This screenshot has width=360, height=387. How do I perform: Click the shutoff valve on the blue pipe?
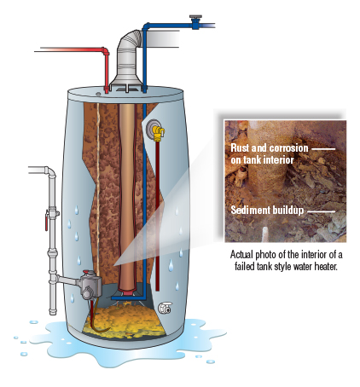pyautogui.click(x=195, y=21)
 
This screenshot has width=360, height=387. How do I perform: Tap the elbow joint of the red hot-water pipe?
pyautogui.click(x=106, y=51)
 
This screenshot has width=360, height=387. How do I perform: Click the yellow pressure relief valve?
pyautogui.click(x=158, y=133)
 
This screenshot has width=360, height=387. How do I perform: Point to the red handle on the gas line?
pyautogui.click(x=46, y=221)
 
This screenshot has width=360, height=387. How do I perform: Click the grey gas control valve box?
pyautogui.click(x=90, y=285)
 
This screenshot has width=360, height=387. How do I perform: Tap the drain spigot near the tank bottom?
pyautogui.click(x=165, y=308)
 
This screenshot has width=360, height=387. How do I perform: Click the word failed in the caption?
pyautogui.click(x=245, y=267)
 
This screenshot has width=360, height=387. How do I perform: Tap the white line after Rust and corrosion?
pyautogui.click(x=323, y=149)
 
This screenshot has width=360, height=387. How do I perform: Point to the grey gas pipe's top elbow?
pyautogui.click(x=50, y=171)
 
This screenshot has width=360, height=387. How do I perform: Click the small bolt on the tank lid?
pyautogui.click(x=98, y=94)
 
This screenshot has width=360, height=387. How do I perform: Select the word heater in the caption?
pyautogui.click(x=326, y=267)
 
